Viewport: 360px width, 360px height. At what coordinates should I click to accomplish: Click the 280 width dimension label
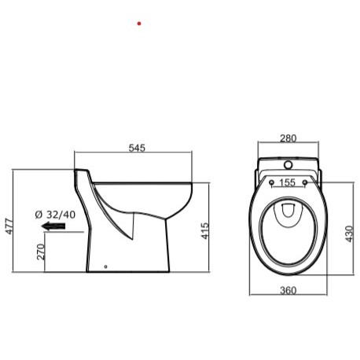[288, 138]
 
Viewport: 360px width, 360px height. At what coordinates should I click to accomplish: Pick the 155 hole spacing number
[288, 182]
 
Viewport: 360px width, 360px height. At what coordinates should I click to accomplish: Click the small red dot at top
[139, 24]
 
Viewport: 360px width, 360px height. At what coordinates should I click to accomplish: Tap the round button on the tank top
[288, 167]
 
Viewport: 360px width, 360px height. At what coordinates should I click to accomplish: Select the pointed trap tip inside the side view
[131, 237]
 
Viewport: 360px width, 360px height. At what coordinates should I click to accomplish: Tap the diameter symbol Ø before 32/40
[39, 215]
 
